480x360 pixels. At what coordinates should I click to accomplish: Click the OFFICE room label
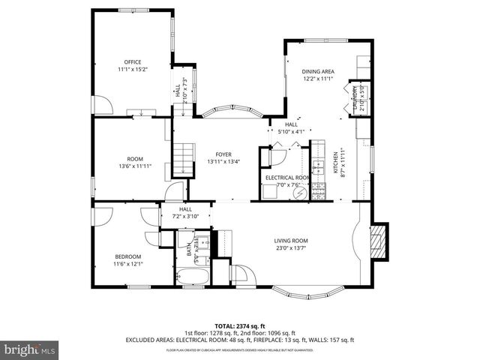coord(133,62)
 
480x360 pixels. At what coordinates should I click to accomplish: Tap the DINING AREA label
coord(318,71)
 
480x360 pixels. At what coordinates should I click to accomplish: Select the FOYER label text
coord(224,154)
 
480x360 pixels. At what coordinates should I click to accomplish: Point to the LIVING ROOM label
coord(289,241)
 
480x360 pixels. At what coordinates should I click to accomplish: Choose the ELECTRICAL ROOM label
coord(283,178)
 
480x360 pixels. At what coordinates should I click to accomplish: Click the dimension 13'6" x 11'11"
coord(135,166)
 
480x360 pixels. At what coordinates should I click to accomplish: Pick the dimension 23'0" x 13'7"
coord(289,248)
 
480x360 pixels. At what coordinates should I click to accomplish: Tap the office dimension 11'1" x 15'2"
coord(133,70)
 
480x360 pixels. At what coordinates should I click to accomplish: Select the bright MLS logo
coord(30,349)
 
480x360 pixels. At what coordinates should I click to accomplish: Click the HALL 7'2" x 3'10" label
coord(185,212)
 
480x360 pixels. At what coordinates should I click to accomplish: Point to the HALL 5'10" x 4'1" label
coord(291,128)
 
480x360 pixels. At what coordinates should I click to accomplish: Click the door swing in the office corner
coord(103,105)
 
